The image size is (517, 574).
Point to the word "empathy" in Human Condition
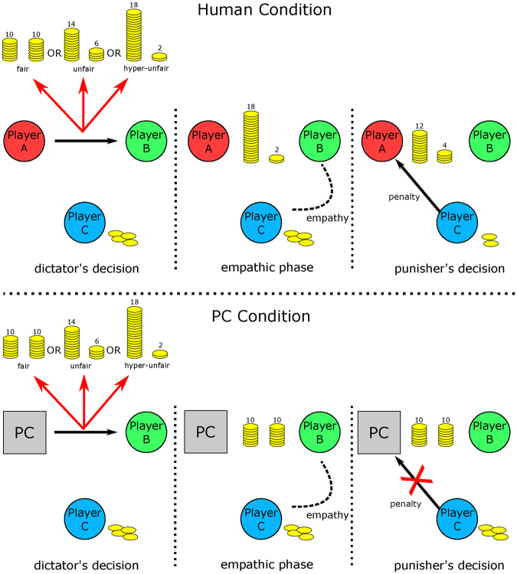point(327,218)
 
